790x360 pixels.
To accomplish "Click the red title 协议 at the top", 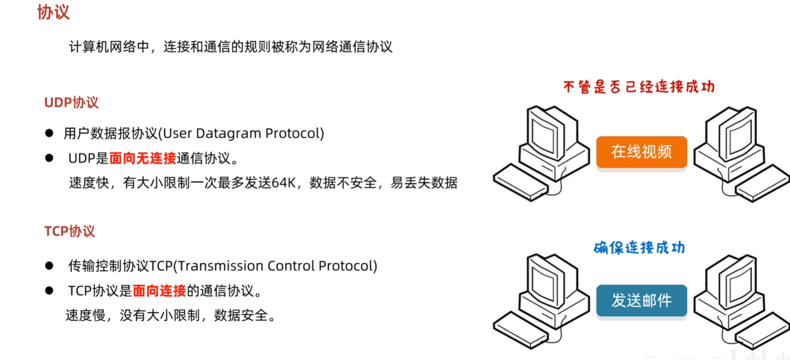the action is [53, 12].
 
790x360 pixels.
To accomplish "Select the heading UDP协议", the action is [71, 102].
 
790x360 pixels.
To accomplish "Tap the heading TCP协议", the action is [69, 231].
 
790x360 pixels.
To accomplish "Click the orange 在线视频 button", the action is [641, 152].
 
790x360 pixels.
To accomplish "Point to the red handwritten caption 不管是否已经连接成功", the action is [638, 87].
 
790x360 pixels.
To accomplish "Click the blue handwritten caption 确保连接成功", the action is [639, 248].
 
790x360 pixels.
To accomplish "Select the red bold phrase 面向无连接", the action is [143, 158].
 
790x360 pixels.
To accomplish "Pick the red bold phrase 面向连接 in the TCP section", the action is [159, 291].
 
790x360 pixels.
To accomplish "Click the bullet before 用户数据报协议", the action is [49, 133].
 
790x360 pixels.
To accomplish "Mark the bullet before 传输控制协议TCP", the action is [49, 266].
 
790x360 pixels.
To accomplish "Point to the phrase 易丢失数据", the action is [424, 183].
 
